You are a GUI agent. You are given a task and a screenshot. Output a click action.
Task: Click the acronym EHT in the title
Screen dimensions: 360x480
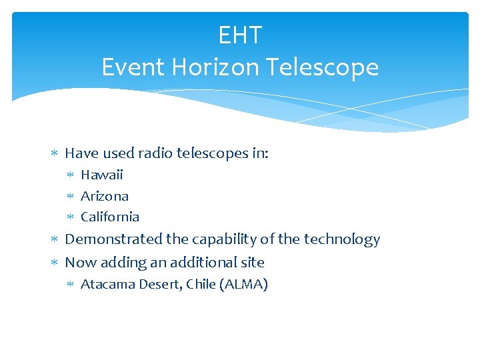click(x=240, y=35)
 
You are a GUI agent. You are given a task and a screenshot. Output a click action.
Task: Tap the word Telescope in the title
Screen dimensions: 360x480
click(x=322, y=67)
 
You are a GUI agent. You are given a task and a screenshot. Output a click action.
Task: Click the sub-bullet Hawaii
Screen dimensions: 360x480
click(x=102, y=175)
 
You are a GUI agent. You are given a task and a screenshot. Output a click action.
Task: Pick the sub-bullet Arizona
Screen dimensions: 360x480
click(x=105, y=196)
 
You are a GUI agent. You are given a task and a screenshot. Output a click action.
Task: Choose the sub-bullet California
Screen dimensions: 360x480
click(x=110, y=217)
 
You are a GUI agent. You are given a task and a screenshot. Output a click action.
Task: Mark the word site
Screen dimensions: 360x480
click(x=253, y=262)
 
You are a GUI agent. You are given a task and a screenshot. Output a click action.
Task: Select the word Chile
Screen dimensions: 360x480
click(x=201, y=285)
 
